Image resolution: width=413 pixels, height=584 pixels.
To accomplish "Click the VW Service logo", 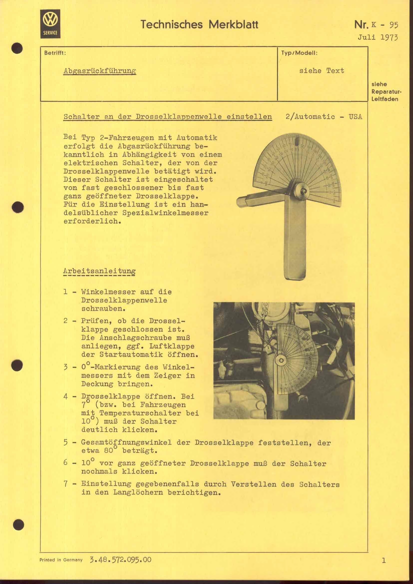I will pyautogui.click(x=50, y=24).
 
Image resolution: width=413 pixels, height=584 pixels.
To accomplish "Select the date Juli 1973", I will pyautogui.click(x=378, y=37).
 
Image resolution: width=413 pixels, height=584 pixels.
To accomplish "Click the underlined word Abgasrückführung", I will pyautogui.click(x=100, y=71).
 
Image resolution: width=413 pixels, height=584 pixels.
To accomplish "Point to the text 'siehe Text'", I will pyautogui.click(x=321, y=70).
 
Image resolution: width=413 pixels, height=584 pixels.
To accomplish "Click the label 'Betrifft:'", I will pyautogui.click(x=55, y=53).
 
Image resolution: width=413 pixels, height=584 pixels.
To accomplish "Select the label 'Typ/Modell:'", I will pyautogui.click(x=299, y=53).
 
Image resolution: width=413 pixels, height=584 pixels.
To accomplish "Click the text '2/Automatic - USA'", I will pyautogui.click(x=324, y=117).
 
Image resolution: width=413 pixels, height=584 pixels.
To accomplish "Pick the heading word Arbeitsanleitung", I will pyautogui.click(x=99, y=271).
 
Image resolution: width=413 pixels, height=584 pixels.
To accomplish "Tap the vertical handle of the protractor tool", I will pyautogui.click(x=295, y=242).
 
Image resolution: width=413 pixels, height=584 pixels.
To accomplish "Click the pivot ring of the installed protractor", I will pyautogui.click(x=281, y=361).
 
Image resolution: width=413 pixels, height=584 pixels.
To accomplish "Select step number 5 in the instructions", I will pyautogui.click(x=65, y=443).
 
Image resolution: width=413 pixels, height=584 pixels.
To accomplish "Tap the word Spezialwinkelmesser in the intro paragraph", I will pyautogui.click(x=165, y=213).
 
